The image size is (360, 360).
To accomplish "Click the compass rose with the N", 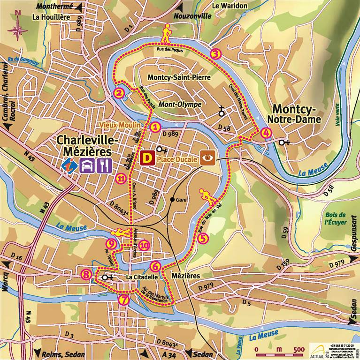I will point(17,29).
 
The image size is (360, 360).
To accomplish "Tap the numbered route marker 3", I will point(215,53).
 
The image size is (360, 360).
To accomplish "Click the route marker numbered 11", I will point(121,178).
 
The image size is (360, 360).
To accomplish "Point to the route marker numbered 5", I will point(203,238).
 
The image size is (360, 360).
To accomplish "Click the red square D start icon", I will point(147,158).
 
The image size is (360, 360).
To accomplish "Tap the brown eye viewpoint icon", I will point(207,158).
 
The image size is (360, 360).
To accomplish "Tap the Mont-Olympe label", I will point(179,104).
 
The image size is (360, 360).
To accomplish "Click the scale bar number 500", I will point(298,349).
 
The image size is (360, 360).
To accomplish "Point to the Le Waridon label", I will point(230,6).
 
